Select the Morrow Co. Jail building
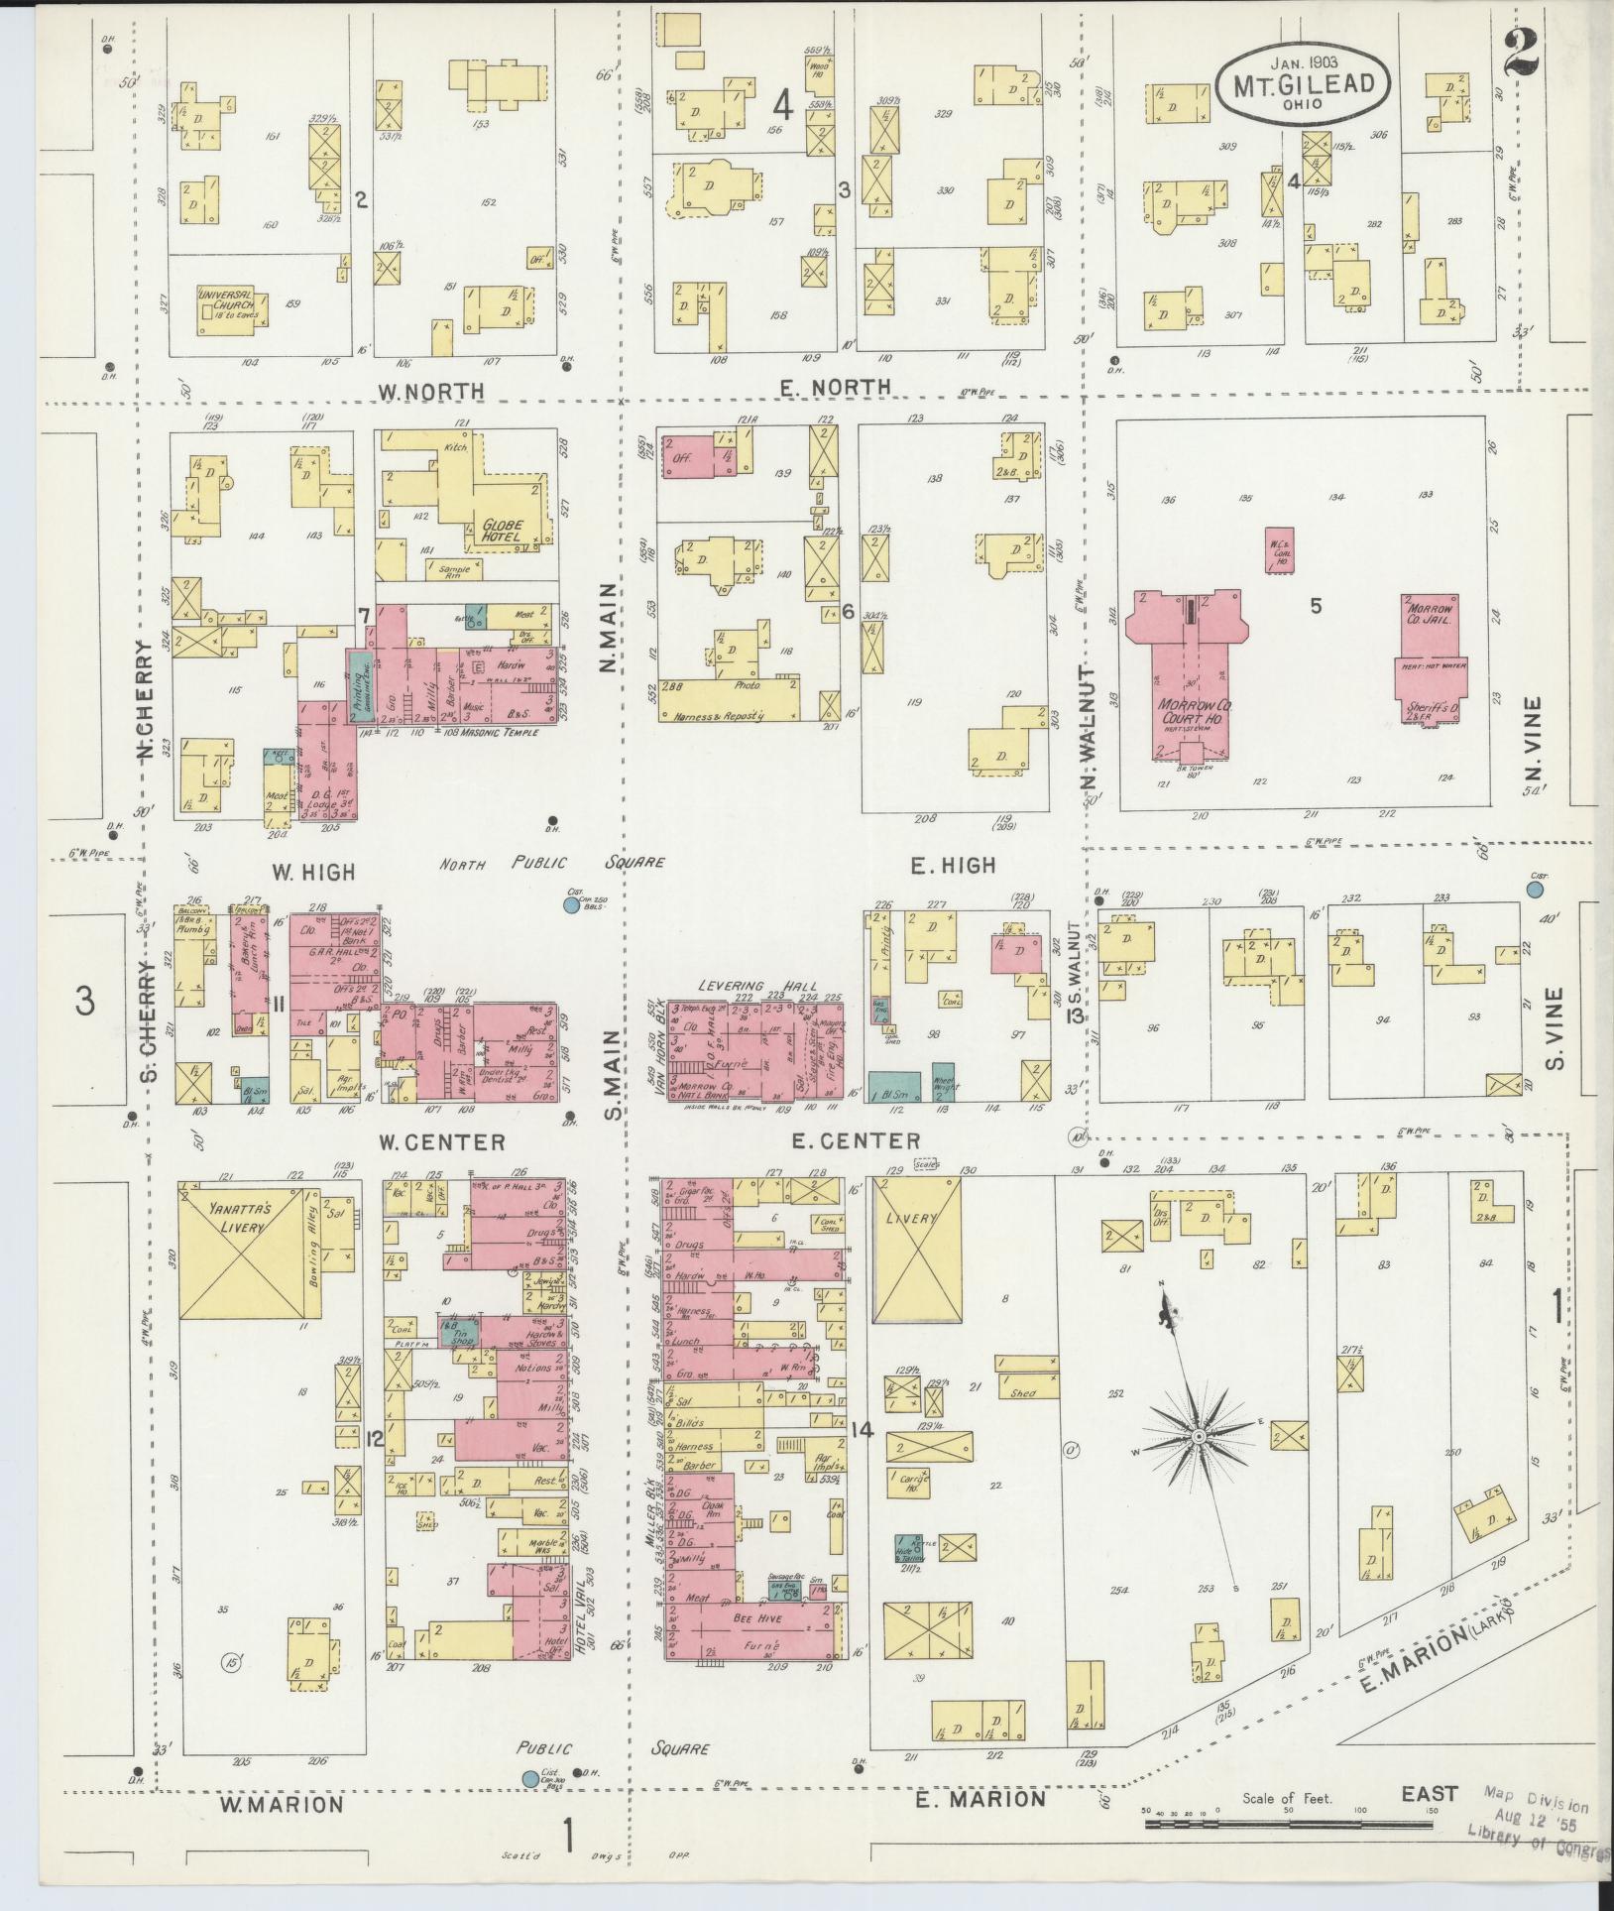(1431, 655)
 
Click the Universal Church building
(227, 299)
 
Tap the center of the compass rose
(1198, 1437)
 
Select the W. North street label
(431, 391)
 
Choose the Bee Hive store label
(757, 1618)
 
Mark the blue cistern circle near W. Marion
(530, 1780)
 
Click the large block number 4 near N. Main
(783, 105)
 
